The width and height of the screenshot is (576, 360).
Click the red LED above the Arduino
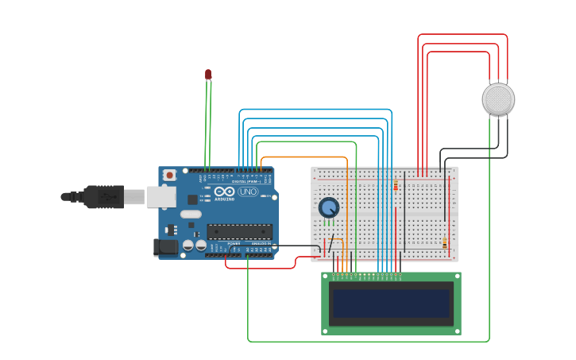(x=208, y=75)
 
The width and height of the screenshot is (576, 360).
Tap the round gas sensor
(x=498, y=99)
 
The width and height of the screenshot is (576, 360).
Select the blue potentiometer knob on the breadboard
(x=329, y=207)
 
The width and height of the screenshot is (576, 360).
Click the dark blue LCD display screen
(x=391, y=304)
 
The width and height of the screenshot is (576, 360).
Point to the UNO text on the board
(x=248, y=192)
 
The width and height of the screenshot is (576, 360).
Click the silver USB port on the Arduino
(x=160, y=197)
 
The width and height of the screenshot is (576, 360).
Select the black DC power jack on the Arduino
(x=166, y=247)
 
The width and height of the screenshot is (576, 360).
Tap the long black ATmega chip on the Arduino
(x=239, y=232)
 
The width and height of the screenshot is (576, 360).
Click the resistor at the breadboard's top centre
(x=396, y=185)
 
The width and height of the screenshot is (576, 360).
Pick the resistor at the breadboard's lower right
(x=444, y=243)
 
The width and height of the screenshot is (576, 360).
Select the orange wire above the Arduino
(x=302, y=157)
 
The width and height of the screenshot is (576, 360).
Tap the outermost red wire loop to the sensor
(x=461, y=35)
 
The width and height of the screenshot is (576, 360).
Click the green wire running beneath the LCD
(x=365, y=342)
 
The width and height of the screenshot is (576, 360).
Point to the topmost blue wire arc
(x=318, y=110)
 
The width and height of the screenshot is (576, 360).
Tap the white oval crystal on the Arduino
(x=191, y=214)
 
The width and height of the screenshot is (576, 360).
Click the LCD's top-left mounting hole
(x=326, y=277)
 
